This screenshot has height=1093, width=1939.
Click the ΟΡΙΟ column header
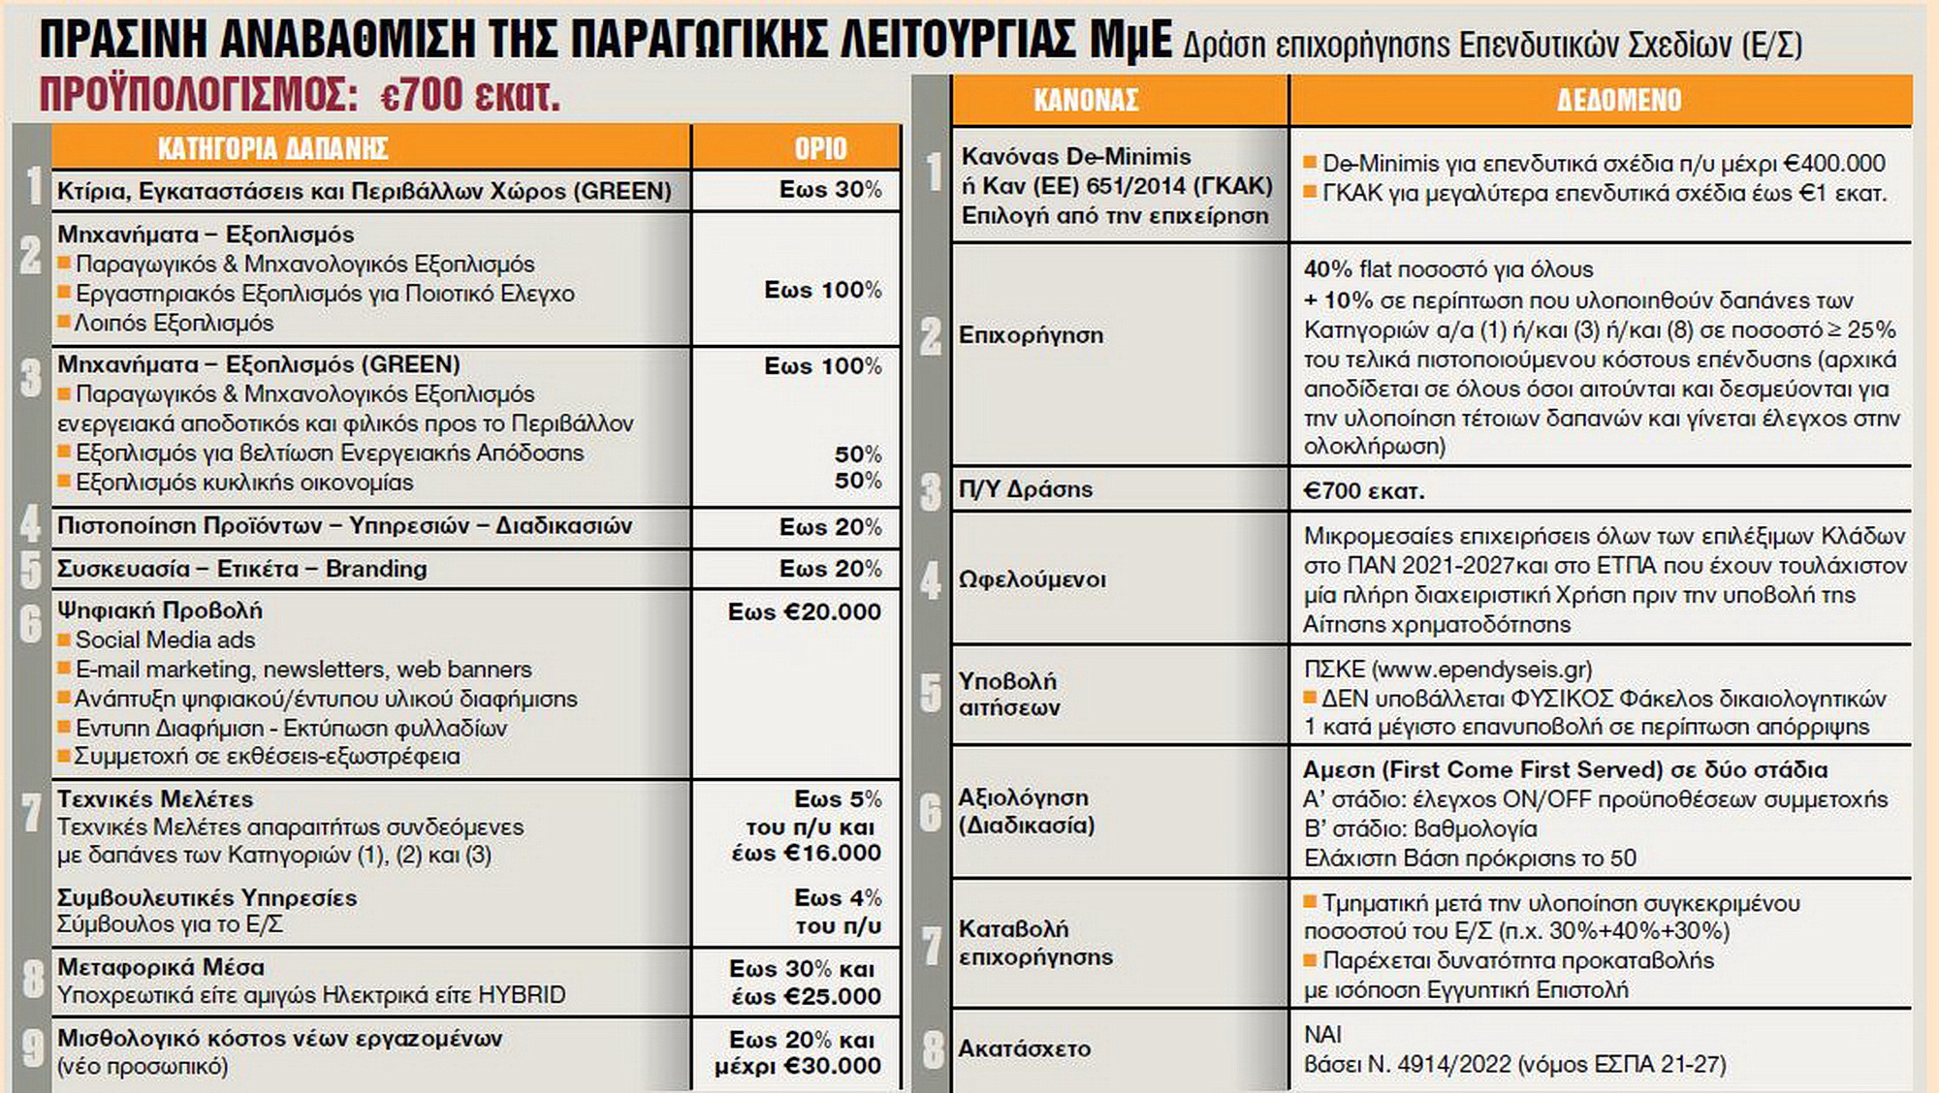[820, 148]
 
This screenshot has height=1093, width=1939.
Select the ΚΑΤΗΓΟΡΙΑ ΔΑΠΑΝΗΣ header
[272, 148]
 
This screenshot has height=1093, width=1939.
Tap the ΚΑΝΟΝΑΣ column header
[1086, 100]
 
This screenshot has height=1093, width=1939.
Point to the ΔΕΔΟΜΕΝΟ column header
[1619, 100]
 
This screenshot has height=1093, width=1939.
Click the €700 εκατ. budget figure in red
[470, 95]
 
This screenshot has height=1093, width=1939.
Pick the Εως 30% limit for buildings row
[830, 190]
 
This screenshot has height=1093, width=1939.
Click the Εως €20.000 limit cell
[805, 612]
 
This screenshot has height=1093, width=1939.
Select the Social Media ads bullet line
[165, 640]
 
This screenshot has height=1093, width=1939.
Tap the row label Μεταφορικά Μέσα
[161, 967]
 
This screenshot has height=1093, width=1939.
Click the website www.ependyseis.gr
[1481, 670]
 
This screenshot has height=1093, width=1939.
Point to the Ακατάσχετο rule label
[1024, 1048]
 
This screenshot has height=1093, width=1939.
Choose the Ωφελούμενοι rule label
[1032, 579]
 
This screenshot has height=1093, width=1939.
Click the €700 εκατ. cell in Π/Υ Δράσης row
[1363, 491]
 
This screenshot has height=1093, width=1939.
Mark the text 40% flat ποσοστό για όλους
[1447, 269]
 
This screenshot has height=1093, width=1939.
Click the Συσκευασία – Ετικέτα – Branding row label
[242, 569]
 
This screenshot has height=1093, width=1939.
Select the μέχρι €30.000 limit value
[798, 1067]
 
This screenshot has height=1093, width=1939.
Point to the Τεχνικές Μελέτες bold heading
[155, 799]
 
